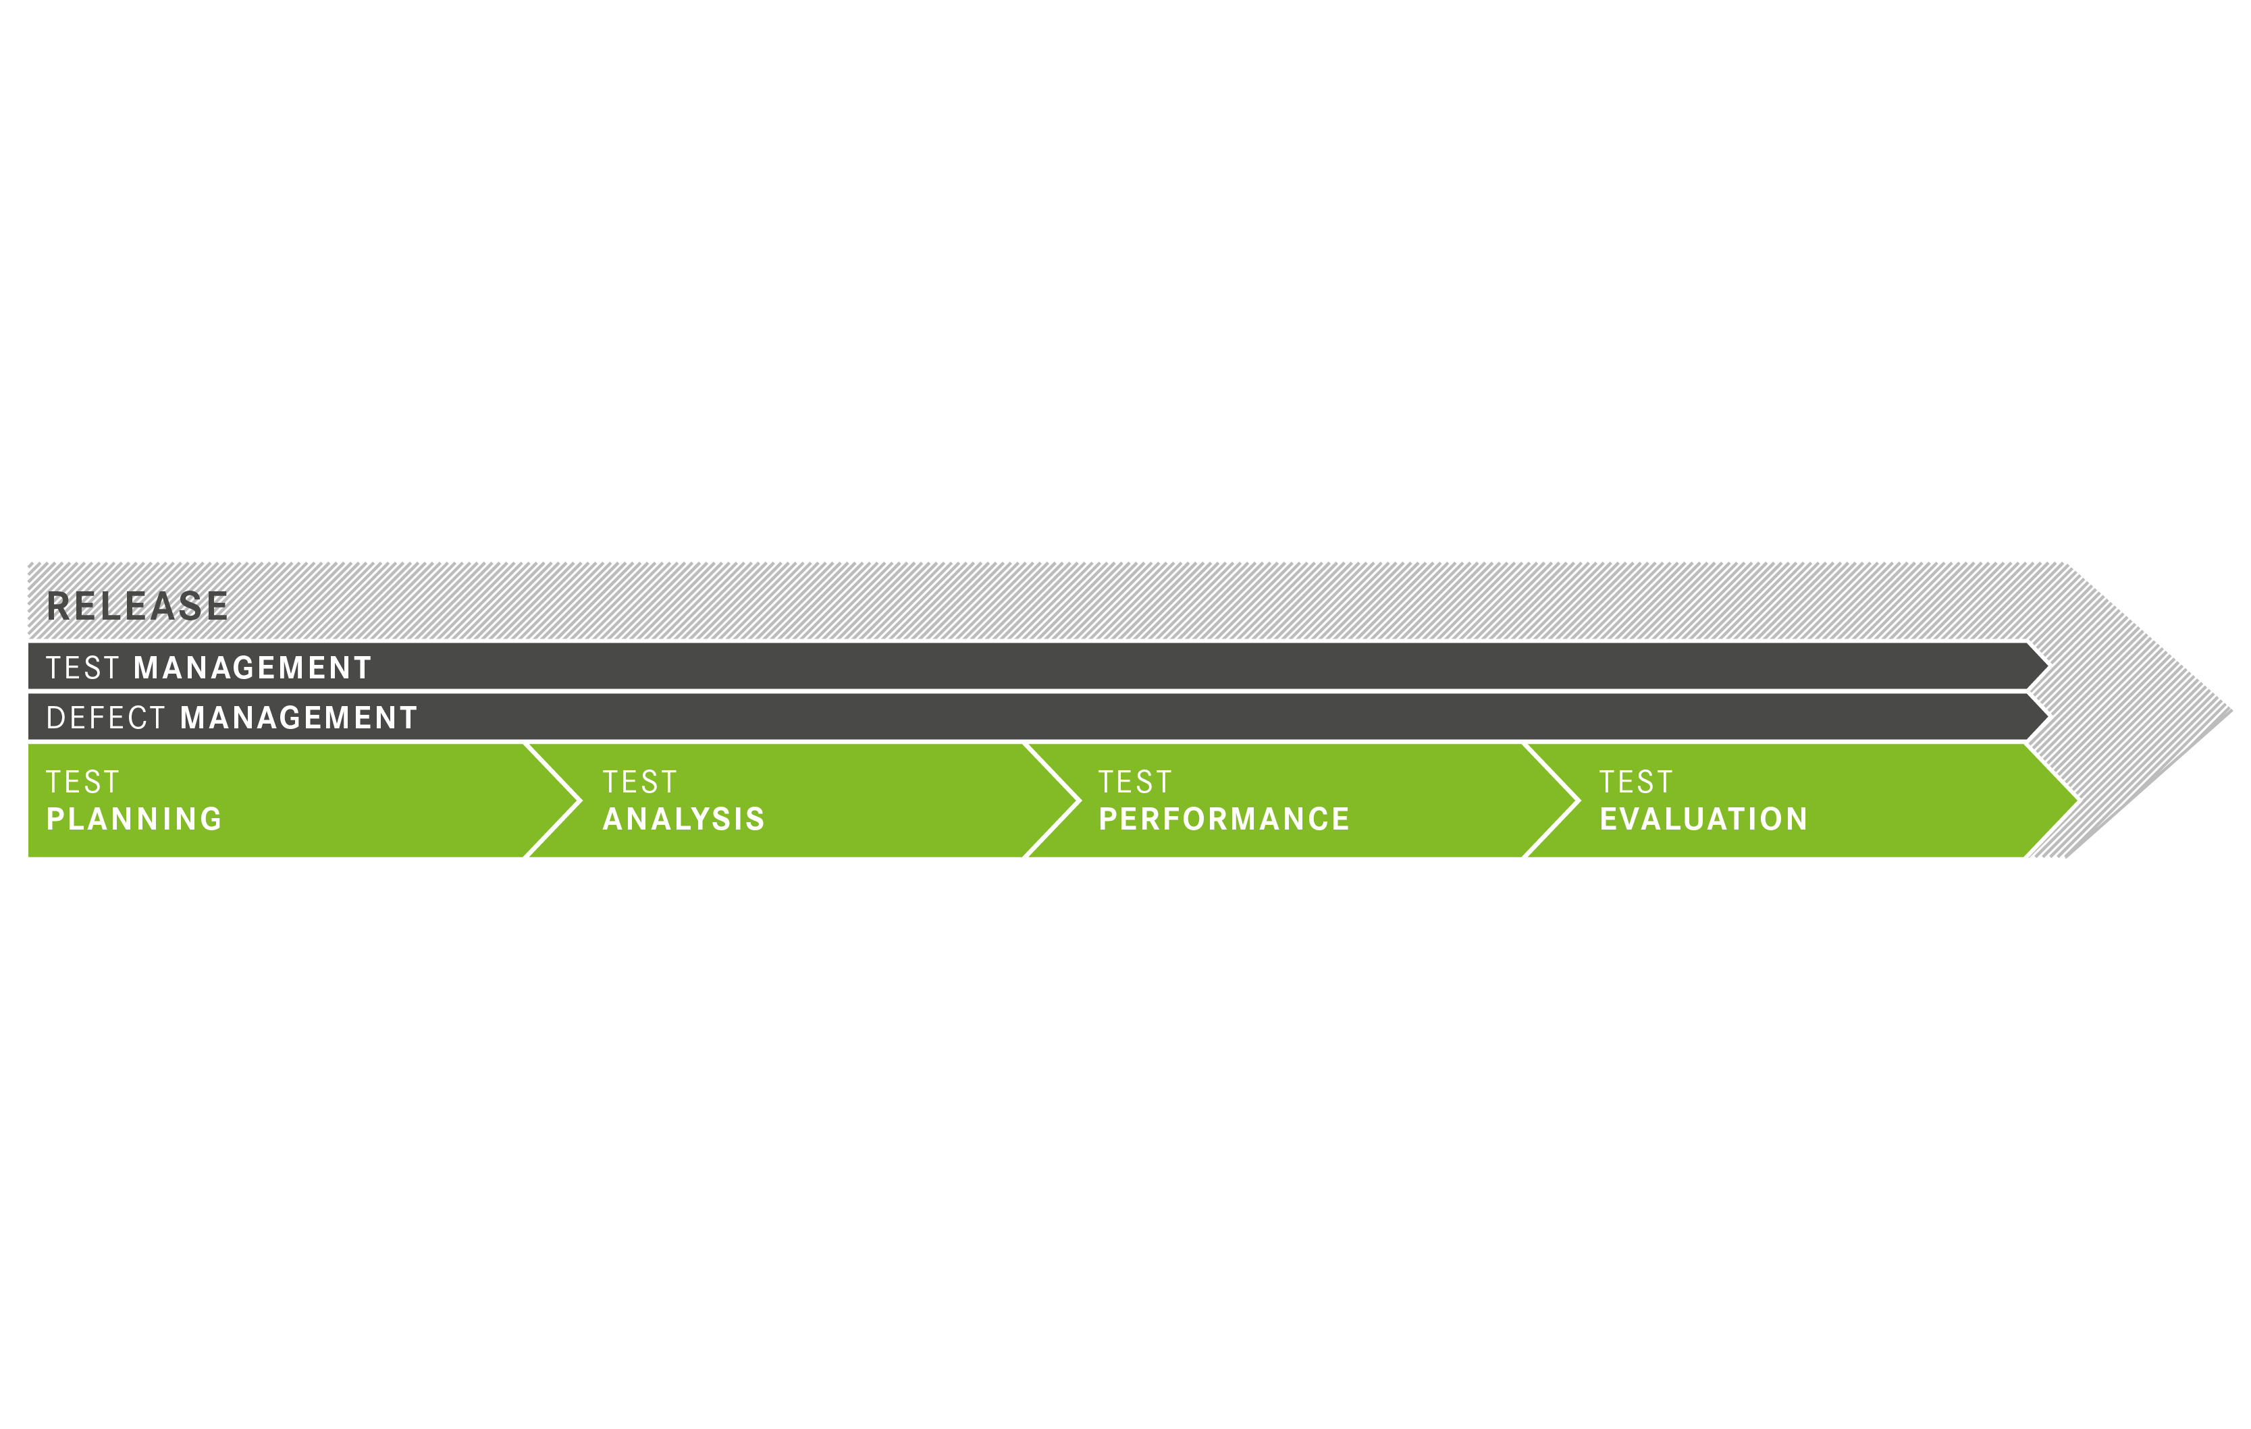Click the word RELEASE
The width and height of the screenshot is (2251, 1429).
138,607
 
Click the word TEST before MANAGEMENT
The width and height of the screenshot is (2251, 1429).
83,668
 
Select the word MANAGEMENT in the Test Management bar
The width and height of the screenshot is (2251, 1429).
253,668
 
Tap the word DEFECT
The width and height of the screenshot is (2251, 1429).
105,718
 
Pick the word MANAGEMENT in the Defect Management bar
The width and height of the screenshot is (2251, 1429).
298,718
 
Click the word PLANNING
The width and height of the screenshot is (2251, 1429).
134,819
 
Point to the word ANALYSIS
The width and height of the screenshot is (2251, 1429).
683,819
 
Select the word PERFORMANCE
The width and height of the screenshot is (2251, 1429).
1223,819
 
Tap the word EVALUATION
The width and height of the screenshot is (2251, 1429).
1703,819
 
